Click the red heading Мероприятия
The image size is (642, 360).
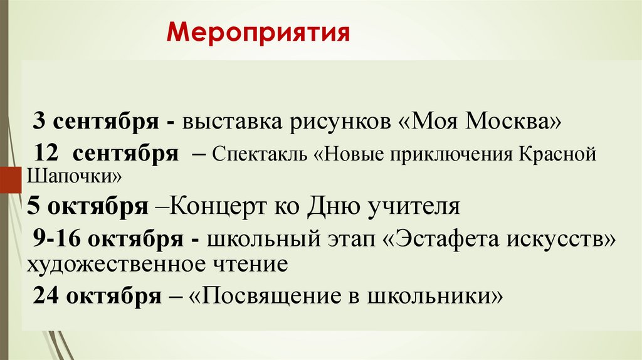(258, 33)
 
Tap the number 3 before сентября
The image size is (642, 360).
(39, 121)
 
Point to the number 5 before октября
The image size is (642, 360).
(33, 206)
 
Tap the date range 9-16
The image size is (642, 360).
(60, 239)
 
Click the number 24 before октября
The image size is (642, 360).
(46, 295)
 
